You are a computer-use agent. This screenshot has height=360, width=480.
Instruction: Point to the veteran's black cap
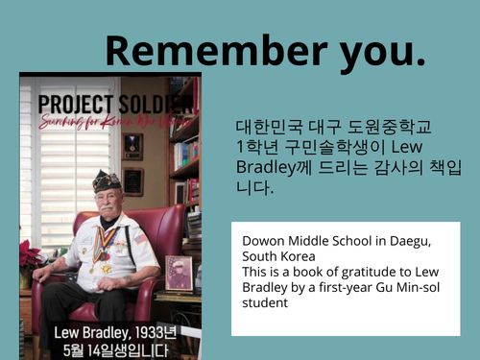coord(107,180)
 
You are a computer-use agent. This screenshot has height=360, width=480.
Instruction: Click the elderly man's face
coord(108,200)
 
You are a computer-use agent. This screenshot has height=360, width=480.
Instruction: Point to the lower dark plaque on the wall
coord(132,181)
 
